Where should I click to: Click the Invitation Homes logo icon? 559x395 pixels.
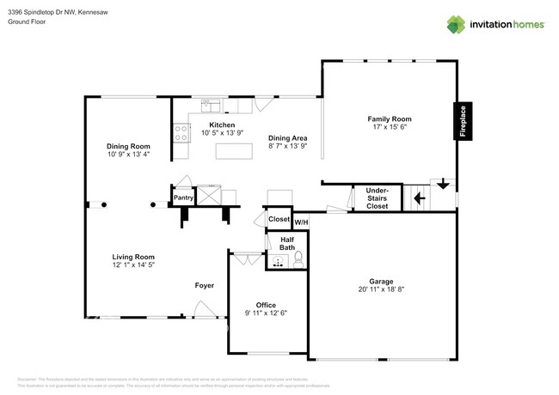pos(456,24)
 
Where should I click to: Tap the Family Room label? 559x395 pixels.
pos(390,119)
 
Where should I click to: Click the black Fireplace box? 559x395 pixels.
pos(463,121)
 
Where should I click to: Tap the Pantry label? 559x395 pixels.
pos(183,197)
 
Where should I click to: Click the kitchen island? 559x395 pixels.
pos(234,152)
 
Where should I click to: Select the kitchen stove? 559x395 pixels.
pos(181,133)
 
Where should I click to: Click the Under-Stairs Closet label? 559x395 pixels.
pos(377,198)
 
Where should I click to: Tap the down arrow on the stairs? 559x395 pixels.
pos(443,184)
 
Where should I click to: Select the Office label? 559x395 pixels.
pos(266,305)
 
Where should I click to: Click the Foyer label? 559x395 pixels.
pos(204,285)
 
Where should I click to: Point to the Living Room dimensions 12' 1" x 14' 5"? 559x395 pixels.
pos(133,265)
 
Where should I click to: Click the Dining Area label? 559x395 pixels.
pos(287,137)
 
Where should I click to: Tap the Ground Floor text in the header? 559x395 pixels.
pos(28,22)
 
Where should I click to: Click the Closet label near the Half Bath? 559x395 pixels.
pos(279,219)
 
